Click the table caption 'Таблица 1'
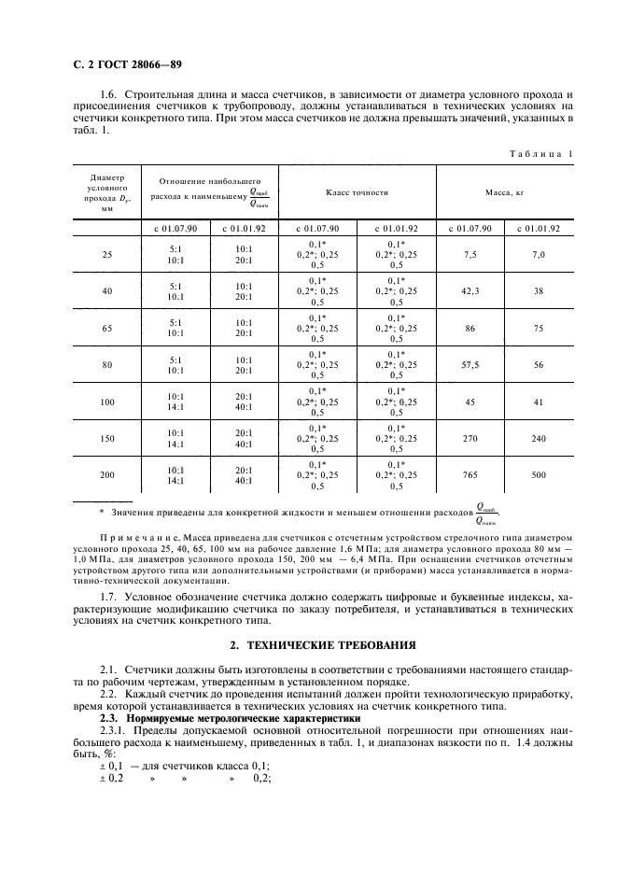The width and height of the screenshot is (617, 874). [x=541, y=152]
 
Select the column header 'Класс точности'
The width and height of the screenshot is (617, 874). [x=357, y=191]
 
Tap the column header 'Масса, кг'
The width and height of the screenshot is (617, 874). [x=504, y=191]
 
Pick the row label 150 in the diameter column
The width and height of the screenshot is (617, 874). [x=106, y=438]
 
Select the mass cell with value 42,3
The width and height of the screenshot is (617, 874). [x=470, y=291]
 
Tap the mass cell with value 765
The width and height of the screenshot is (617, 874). [x=470, y=475]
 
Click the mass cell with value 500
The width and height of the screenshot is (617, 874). [x=539, y=475]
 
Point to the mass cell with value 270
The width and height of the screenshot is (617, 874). [x=470, y=438]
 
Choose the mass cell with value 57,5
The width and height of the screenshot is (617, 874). [x=470, y=365]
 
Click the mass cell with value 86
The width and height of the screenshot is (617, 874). [x=470, y=328]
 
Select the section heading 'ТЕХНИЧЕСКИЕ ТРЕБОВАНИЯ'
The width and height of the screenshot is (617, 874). [x=320, y=645]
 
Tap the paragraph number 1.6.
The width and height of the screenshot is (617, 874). [x=109, y=96]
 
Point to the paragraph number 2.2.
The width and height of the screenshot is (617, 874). [x=109, y=695]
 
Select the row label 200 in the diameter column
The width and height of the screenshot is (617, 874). [x=106, y=475]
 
